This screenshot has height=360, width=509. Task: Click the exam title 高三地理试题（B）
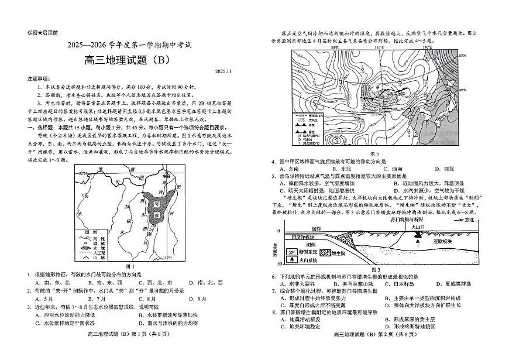pyautogui.click(x=126, y=59)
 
